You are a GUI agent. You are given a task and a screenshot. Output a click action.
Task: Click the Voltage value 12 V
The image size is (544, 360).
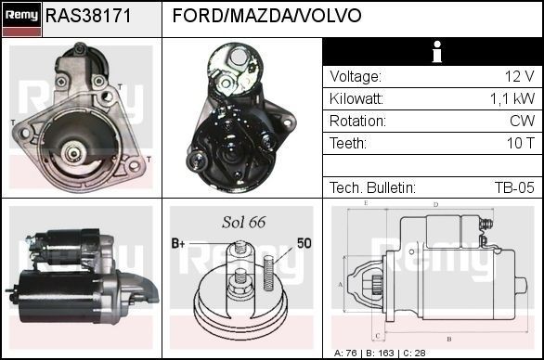[x=517, y=77]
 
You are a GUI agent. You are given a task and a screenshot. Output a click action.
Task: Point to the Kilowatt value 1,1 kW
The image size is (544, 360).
[x=512, y=99]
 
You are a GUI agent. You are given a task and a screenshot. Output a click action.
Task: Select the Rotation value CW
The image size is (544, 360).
[x=521, y=122]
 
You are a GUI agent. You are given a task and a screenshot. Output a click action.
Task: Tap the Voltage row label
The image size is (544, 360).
[x=356, y=77]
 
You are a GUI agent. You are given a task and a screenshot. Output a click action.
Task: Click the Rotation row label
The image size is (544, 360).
[x=357, y=122]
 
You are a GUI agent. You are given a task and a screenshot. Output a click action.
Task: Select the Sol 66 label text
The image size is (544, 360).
[x=243, y=222]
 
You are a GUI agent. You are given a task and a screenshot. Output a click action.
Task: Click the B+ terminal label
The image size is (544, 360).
[x=178, y=243]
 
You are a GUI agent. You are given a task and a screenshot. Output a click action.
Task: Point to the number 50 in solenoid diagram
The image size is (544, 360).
[x=304, y=243]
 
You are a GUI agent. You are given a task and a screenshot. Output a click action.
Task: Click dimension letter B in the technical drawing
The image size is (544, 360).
[x=448, y=339]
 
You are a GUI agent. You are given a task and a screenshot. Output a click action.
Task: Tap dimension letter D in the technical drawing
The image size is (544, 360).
[x=435, y=205]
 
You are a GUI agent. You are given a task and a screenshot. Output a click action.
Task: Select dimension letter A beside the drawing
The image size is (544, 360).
[x=340, y=284]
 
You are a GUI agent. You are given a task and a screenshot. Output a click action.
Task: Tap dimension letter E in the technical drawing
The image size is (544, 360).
[x=366, y=202]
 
